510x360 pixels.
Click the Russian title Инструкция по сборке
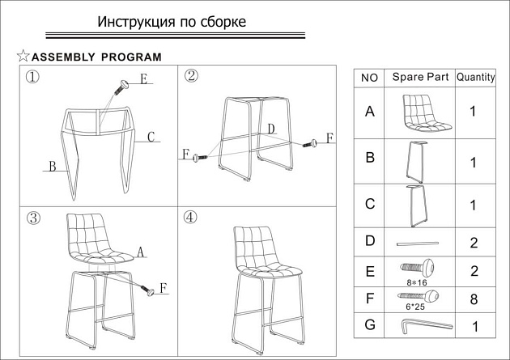[x=172, y=21]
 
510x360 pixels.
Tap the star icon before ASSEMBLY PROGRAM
[x=23, y=57]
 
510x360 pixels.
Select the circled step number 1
[x=33, y=78]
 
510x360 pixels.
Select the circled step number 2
[x=192, y=76]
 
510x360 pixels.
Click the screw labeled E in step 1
[x=123, y=85]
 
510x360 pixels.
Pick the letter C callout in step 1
[x=151, y=138]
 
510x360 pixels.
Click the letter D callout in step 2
[x=271, y=129]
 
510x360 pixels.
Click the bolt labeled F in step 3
[x=148, y=288]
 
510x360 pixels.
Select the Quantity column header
[x=476, y=78]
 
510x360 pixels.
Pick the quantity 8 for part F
[x=474, y=299]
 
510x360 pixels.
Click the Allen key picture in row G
[x=427, y=325]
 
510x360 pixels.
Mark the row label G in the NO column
[x=370, y=325]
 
